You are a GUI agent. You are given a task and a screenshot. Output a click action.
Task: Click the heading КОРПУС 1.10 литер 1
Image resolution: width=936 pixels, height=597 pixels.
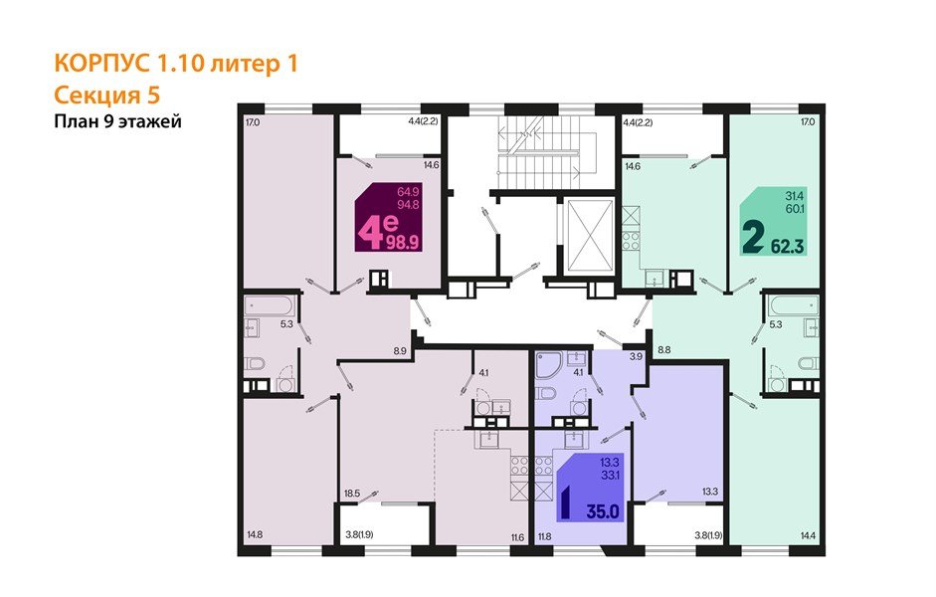pyautogui.click(x=175, y=65)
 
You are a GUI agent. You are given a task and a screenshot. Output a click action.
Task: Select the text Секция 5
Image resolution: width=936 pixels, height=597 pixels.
pyautogui.click(x=105, y=95)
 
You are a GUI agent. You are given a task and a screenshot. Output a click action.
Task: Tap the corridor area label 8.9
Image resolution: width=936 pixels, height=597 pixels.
pyautogui.click(x=400, y=350)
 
